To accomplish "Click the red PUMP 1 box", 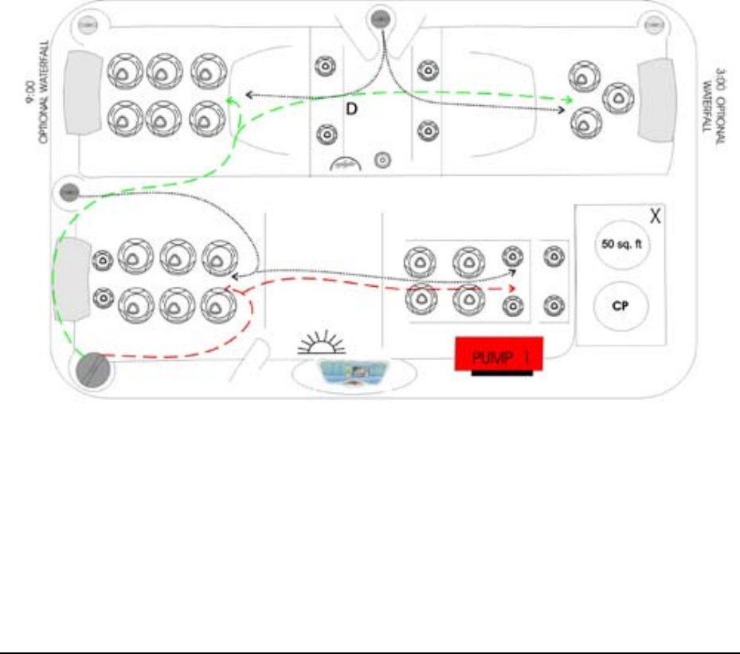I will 499,353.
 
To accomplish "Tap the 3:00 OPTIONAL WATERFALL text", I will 715,111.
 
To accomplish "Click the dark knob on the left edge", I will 68,192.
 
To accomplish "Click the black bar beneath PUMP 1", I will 501,374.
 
